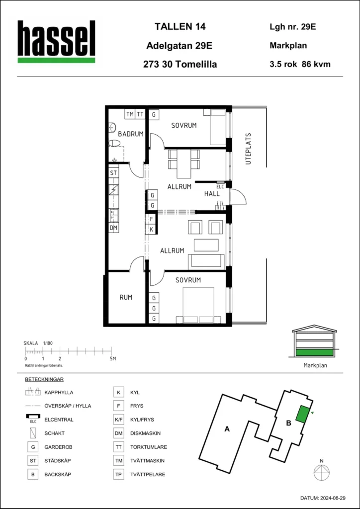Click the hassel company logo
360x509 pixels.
pyautogui.click(x=57, y=42)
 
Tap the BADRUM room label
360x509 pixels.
pyautogui.click(x=130, y=134)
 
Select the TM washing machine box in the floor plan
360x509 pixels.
pyautogui.click(x=130, y=114)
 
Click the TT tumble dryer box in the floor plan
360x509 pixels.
pyautogui.click(x=140, y=114)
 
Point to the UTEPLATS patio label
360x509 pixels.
pyautogui.click(x=248, y=149)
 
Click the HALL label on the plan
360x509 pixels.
pyautogui.click(x=212, y=194)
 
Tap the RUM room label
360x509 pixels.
pyautogui.click(x=126, y=297)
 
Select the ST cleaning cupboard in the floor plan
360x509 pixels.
pyautogui.click(x=113, y=173)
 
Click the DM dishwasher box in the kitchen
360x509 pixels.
pyautogui.click(x=113, y=228)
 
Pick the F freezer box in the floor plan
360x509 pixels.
pyautogui.click(x=152, y=219)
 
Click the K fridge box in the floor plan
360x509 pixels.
pyautogui.click(x=152, y=229)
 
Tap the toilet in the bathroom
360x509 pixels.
pyautogui.click(x=114, y=143)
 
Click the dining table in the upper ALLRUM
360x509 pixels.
pyautogui.click(x=184, y=164)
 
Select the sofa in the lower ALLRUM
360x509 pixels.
pyautogui.click(x=206, y=261)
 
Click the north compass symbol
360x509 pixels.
pyautogui.click(x=321, y=470)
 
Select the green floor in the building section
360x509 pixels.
pyautogui.click(x=315, y=352)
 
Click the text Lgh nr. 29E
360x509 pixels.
pyautogui.click(x=293, y=27)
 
